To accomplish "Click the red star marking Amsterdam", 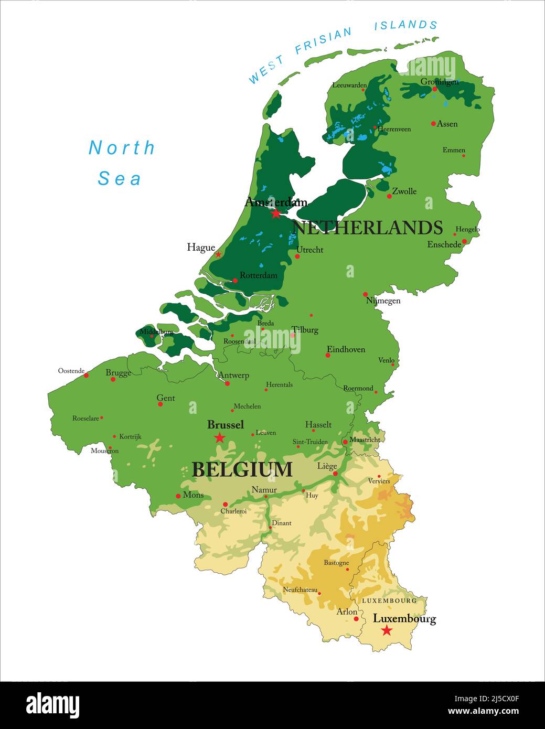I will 276,213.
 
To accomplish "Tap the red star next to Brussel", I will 220,437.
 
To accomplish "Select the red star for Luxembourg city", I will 387,630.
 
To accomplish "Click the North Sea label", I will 121,163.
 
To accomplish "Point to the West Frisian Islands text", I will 343,50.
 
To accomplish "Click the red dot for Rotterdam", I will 235,281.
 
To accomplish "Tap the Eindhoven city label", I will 346,349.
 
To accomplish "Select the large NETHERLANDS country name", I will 367,228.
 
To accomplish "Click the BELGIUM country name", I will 242,469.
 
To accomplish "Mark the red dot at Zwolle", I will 389,196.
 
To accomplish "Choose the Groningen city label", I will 439,82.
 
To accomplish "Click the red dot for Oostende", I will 87,375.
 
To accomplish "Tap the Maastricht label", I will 365,439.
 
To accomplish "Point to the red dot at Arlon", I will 356,619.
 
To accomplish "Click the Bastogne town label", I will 336,563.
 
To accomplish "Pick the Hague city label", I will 200,248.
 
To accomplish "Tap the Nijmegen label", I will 383,301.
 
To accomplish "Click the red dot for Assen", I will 433,124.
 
